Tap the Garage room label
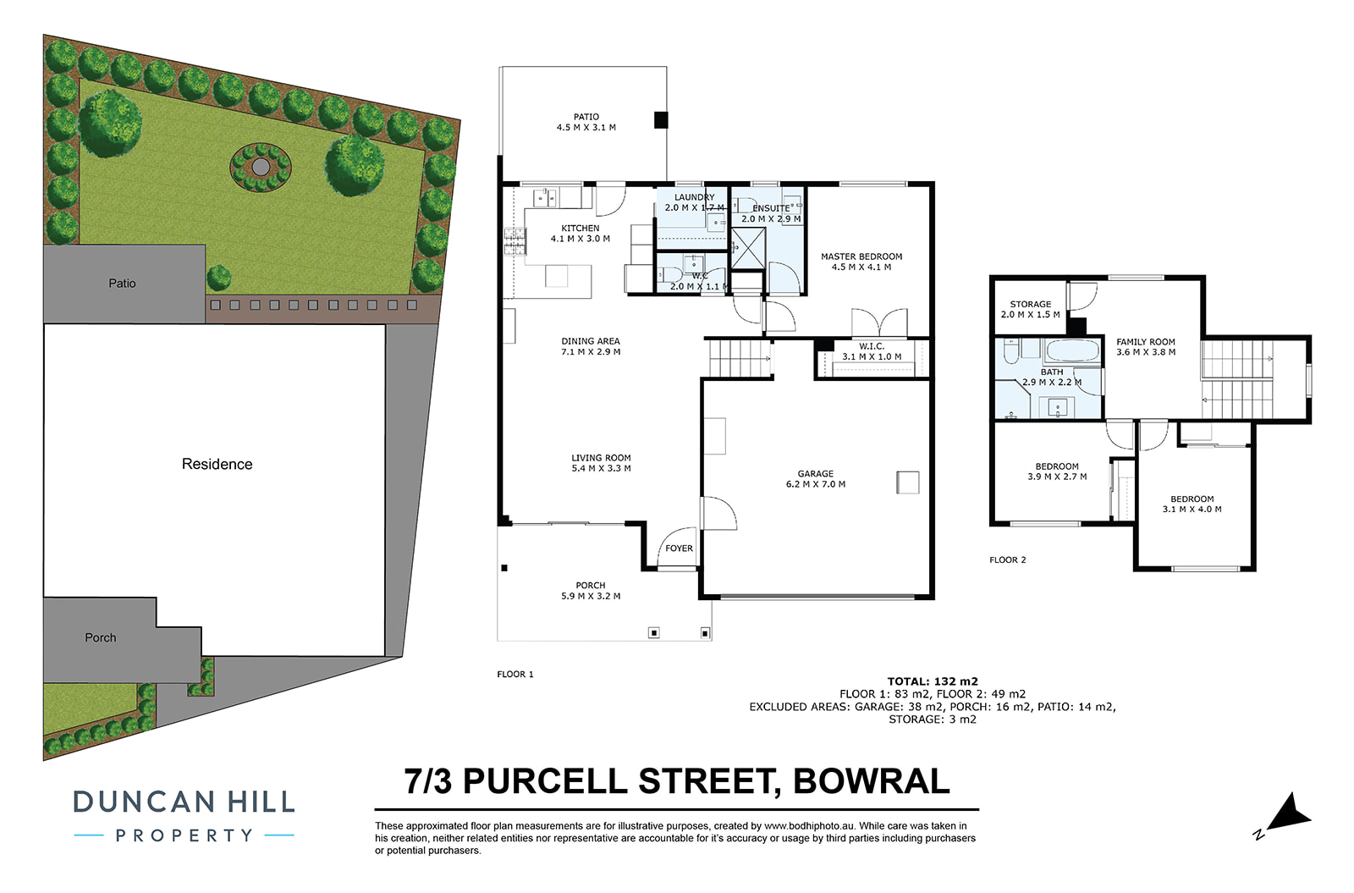click(x=816, y=473)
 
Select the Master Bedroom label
click(x=861, y=256)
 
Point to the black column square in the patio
click(x=661, y=119)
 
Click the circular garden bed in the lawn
click(x=261, y=167)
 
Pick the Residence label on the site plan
click(x=217, y=464)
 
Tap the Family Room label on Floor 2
click(x=1146, y=342)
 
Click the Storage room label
click(x=1031, y=304)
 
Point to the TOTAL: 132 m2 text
click(x=933, y=681)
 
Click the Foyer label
click(x=679, y=548)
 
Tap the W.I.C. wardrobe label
click(x=872, y=346)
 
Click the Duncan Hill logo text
click(x=184, y=802)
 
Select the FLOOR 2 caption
click(x=1008, y=560)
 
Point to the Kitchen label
click(x=581, y=228)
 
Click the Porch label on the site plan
click(x=101, y=637)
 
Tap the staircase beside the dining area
click(x=739, y=358)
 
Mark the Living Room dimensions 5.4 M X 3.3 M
click(x=602, y=468)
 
